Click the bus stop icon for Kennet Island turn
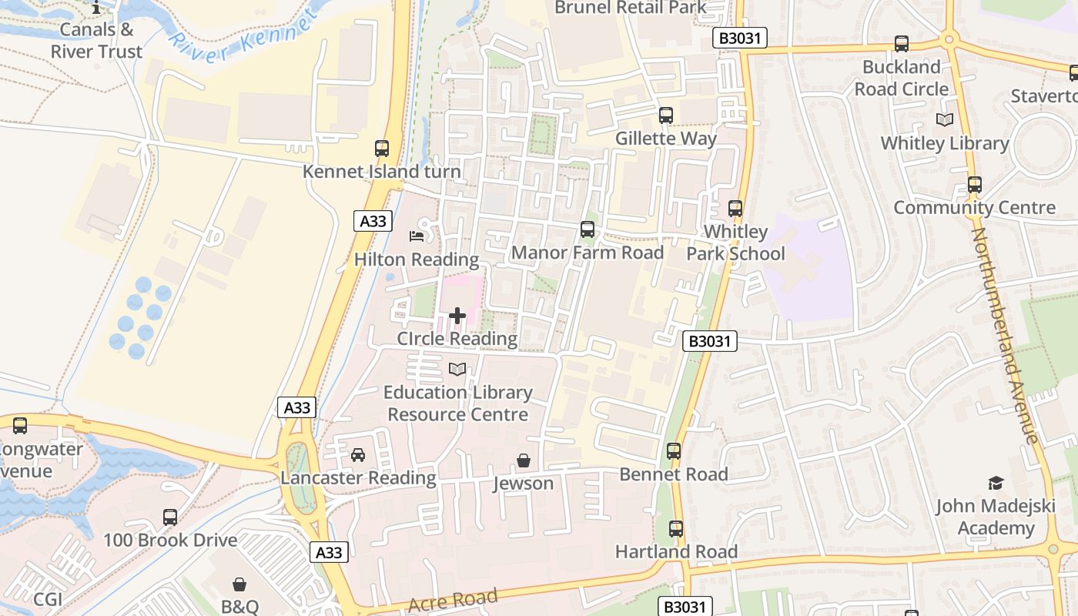coord(381,149)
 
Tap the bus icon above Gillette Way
coord(665,115)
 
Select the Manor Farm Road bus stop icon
coord(588,229)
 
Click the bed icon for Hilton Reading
coord(417,236)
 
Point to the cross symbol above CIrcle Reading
coord(457,316)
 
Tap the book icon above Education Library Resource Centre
coord(457,370)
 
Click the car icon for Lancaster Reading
coord(358,455)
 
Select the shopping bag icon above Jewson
coord(524,460)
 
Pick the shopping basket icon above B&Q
coord(239,584)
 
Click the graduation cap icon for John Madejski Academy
coord(996,484)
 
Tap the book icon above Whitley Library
coord(945,120)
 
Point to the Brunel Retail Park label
coord(631,8)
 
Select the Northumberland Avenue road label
coord(1005,335)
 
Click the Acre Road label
coord(454,601)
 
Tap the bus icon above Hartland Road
coord(676,529)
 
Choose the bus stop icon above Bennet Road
coord(674,451)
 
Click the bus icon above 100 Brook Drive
coord(170,517)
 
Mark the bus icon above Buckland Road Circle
coord(902,44)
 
